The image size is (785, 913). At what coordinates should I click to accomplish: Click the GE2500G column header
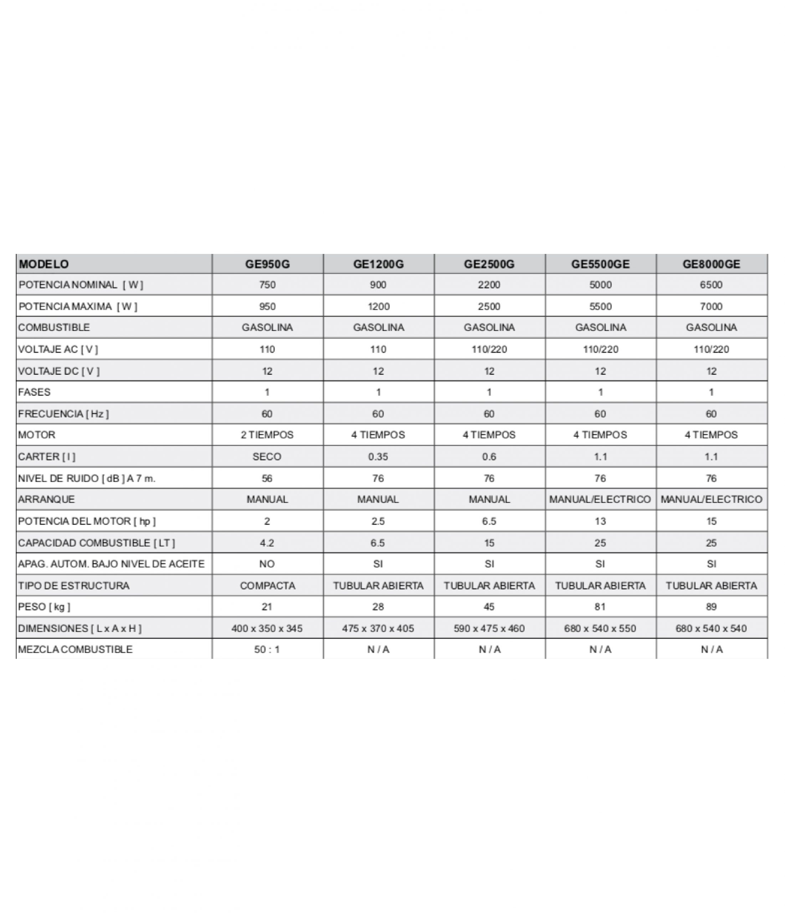pos(489,264)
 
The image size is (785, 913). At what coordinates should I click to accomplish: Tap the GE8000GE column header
pos(711,264)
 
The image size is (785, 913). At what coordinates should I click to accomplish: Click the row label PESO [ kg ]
pos(44,607)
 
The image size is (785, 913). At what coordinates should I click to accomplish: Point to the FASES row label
pos(34,392)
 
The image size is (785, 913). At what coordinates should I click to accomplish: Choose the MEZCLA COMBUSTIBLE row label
pos(75,649)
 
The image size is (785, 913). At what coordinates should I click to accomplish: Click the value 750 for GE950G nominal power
pos(267,285)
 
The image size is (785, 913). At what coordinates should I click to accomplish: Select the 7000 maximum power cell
pos(711,306)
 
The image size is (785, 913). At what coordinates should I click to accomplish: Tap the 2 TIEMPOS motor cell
pos(267,434)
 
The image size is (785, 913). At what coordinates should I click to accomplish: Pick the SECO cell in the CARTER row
pos(267,456)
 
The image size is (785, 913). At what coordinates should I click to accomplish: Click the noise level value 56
pos(267,478)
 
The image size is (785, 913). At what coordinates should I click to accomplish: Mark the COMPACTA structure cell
pos(267,586)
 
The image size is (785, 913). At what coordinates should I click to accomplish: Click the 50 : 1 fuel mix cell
pos(267,649)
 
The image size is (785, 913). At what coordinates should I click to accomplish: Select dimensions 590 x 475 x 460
pos(489,628)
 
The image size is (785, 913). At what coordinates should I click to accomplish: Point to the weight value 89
pos(711,607)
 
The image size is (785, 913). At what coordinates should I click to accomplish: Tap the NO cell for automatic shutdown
pos(267,563)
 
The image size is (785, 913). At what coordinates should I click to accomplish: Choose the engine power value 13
pos(600,521)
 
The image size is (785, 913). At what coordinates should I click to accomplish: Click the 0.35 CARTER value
pos(378,456)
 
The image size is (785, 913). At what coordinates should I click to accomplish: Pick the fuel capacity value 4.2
pos(267,543)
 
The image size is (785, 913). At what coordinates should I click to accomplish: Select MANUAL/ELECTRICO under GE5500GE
pos(600,499)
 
